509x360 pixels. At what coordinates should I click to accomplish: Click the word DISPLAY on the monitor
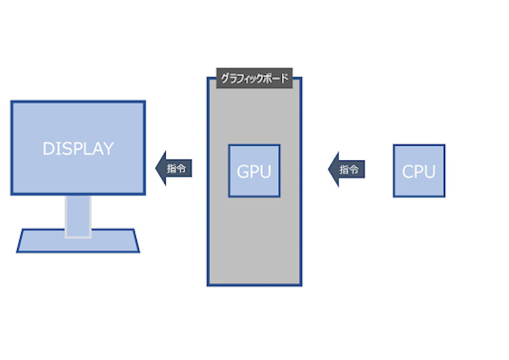[x=78, y=149]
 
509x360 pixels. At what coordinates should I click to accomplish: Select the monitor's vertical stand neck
[x=78, y=215]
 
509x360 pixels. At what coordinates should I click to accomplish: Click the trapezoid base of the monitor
[x=78, y=242]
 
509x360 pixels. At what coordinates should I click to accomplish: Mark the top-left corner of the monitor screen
[x=12, y=102]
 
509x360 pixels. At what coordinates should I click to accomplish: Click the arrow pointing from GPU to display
[x=174, y=168]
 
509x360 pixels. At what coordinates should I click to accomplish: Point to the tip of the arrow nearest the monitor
[x=158, y=168]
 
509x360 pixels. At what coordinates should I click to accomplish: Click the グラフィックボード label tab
[x=254, y=78]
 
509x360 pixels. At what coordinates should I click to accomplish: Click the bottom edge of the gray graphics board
[x=254, y=284]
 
